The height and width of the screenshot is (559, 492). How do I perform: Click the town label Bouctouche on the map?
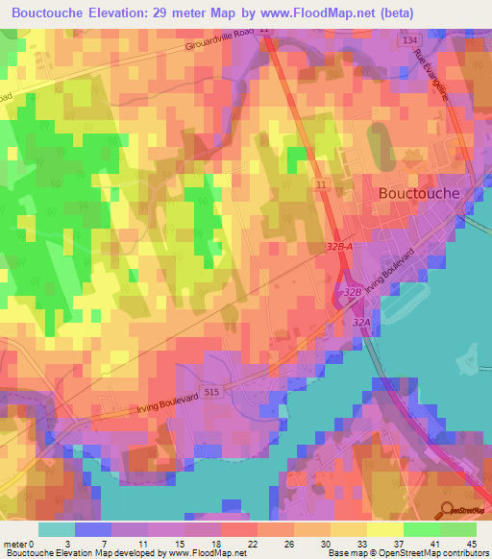click(419, 192)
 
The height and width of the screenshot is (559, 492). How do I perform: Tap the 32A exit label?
click(361, 324)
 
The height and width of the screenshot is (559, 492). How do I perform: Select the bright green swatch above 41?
click(421, 529)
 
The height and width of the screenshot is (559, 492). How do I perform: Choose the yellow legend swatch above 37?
click(384, 529)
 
